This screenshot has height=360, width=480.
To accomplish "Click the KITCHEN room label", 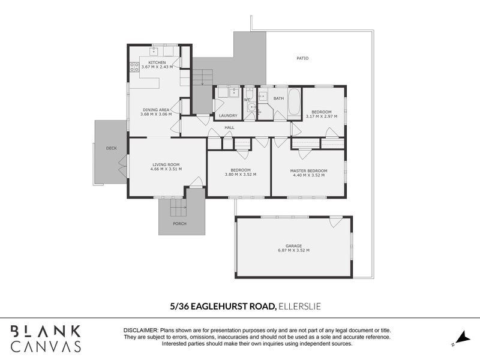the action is (157, 62).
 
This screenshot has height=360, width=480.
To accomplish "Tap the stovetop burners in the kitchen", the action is (134, 67).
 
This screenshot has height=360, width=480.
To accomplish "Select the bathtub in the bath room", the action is (295, 102).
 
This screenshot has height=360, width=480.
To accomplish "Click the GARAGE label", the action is (293, 246).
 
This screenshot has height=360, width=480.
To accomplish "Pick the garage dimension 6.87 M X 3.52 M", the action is (293, 250).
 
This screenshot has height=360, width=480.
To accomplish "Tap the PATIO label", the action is (302, 58).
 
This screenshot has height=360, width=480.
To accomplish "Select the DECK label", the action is (112, 148).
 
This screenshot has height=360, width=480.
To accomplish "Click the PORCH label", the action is (179, 224).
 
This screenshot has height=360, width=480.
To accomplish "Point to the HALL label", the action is (229, 128).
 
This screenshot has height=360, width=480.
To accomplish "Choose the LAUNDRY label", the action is (228, 116).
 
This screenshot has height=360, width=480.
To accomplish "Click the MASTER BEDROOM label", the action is (308, 171).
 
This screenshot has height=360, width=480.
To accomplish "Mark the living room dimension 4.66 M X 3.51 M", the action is (166, 169).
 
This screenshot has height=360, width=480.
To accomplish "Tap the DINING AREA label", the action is (156, 110).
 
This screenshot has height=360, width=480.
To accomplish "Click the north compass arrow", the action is (461, 338).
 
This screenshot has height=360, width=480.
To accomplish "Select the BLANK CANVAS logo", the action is (46, 338).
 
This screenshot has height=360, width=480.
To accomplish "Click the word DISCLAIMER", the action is (140, 331).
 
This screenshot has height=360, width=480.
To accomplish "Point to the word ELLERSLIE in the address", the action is (299, 307).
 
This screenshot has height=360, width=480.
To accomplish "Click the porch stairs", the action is (178, 207).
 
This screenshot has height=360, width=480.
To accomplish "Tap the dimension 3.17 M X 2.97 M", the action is (322, 116).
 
